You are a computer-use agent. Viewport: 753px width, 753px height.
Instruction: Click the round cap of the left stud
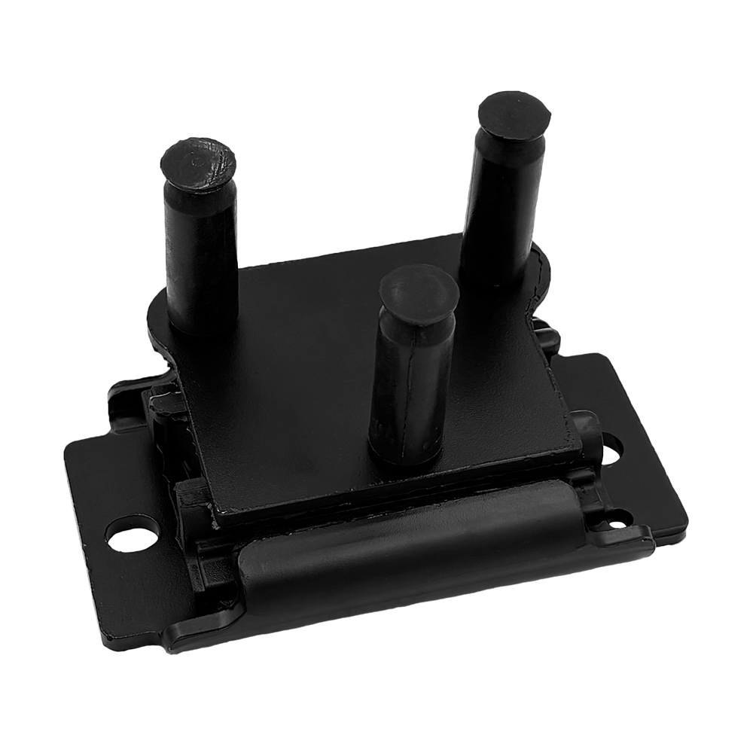[199, 163]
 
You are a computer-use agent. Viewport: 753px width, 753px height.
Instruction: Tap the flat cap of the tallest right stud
[514, 115]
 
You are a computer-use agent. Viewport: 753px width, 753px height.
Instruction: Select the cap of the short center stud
[419, 293]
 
